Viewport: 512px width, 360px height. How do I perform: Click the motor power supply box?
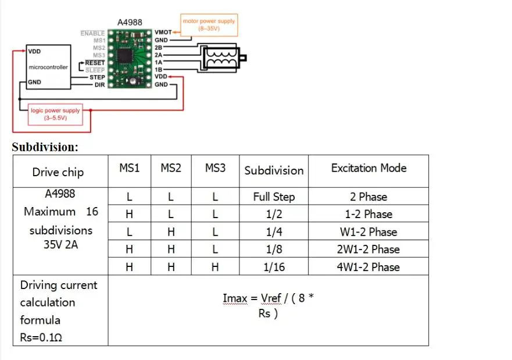tap(209, 24)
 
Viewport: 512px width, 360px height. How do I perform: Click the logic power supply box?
tap(56, 114)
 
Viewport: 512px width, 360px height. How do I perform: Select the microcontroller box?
tap(48, 67)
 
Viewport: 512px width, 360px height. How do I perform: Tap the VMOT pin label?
tap(163, 33)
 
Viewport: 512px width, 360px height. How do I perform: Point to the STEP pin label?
tap(96, 77)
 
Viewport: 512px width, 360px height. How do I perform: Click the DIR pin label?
tap(99, 85)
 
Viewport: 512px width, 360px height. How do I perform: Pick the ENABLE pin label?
tap(92, 34)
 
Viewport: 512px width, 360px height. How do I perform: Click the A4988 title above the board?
tap(130, 22)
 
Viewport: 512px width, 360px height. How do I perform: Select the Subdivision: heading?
tap(45, 147)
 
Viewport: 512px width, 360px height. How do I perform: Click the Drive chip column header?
tap(58, 172)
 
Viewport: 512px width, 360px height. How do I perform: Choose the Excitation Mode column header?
tap(368, 168)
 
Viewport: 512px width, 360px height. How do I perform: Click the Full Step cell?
tap(274, 197)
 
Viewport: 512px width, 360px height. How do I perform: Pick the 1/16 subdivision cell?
tap(274, 267)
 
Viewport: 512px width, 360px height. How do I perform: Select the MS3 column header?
tap(215, 168)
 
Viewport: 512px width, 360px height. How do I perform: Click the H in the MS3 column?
tap(215, 267)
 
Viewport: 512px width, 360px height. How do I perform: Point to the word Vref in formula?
tap(271, 298)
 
